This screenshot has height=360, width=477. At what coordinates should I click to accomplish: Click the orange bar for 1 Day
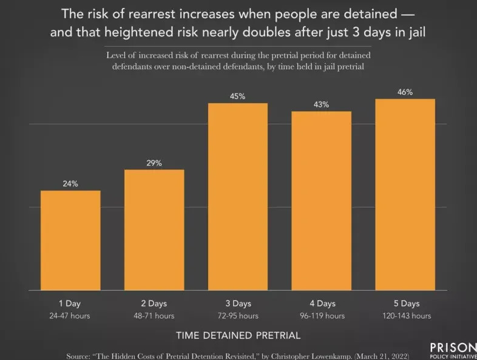pyautogui.click(x=70, y=240)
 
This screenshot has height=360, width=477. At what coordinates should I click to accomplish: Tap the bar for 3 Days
pyautogui.click(x=238, y=197)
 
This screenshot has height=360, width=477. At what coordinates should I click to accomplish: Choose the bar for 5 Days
pyautogui.click(x=405, y=194)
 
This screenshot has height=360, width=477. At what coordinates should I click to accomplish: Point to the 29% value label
pyautogui.click(x=154, y=163)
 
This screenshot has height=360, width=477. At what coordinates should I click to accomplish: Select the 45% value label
pyautogui.click(x=238, y=97)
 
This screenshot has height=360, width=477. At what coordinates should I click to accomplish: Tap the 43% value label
pyautogui.click(x=322, y=104)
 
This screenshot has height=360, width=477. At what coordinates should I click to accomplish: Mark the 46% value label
pyautogui.click(x=405, y=92)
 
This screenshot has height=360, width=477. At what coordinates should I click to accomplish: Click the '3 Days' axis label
pyautogui.click(x=238, y=304)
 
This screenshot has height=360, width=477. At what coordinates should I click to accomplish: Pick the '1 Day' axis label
pyautogui.click(x=70, y=304)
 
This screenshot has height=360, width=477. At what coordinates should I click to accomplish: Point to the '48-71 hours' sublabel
pyautogui.click(x=154, y=316)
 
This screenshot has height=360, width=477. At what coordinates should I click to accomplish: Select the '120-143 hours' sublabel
pyautogui.click(x=405, y=316)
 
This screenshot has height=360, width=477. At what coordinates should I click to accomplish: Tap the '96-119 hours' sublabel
pyautogui.click(x=322, y=316)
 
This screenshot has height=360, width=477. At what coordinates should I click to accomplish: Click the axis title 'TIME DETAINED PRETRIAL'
pyautogui.click(x=238, y=335)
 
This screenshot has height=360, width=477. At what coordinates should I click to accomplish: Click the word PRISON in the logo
pyautogui.click(x=453, y=347)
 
